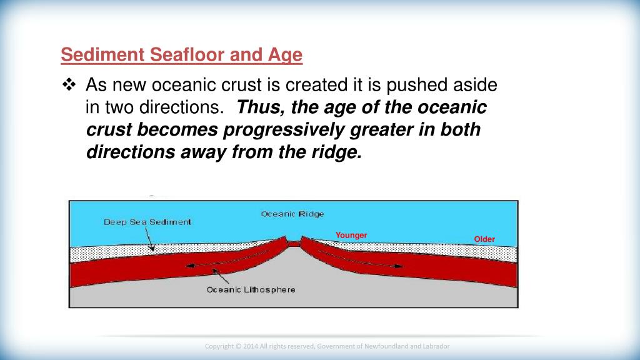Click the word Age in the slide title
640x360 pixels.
click(285, 55)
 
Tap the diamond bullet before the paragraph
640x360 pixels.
click(69, 84)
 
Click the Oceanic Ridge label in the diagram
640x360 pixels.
click(292, 214)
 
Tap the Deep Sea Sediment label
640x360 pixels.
click(147, 222)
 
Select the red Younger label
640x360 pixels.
click(351, 235)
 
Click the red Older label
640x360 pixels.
click(484, 239)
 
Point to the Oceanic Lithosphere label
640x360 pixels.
click(251, 290)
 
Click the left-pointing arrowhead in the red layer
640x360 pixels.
click(190, 266)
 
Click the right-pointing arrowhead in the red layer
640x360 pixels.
click(398, 266)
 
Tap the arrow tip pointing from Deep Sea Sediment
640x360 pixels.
click(153, 250)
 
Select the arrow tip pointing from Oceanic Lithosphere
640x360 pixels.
click(214, 270)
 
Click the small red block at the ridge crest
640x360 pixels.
click(294, 244)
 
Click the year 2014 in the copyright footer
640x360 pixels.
click(251, 346)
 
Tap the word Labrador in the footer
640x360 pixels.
click(437, 346)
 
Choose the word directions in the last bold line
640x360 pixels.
click(130, 152)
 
